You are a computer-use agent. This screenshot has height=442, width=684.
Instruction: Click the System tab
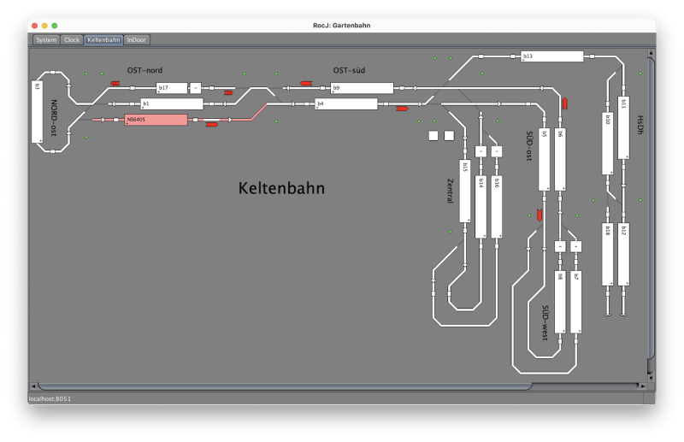click(x=46, y=39)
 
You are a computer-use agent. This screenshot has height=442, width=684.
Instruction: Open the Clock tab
click(x=72, y=39)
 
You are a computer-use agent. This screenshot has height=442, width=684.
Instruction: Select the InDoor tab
click(x=136, y=39)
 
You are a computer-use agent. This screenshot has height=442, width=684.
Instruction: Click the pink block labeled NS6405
click(x=156, y=120)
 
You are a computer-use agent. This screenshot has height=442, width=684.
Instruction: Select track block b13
click(x=551, y=56)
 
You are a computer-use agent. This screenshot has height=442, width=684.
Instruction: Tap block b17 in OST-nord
click(x=172, y=88)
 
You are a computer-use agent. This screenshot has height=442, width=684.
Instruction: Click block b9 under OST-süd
click(x=362, y=88)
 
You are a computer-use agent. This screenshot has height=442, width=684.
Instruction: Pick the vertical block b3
click(x=37, y=111)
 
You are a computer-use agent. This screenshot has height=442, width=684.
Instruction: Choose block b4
click(x=345, y=104)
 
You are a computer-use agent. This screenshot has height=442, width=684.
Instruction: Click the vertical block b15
click(x=465, y=191)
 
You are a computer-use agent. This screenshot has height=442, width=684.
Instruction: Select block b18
click(x=607, y=254)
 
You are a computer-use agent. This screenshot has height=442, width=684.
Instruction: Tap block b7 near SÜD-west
click(x=575, y=302)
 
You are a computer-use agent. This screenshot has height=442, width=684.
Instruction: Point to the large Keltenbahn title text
click(x=281, y=188)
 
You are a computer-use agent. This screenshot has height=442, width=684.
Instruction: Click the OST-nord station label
click(x=139, y=70)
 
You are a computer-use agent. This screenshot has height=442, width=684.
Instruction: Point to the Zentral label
click(x=450, y=190)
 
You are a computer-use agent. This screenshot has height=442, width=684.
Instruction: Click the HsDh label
click(x=639, y=125)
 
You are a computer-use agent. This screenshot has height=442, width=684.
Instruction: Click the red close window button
click(x=34, y=26)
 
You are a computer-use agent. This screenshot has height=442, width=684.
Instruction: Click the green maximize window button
click(x=55, y=26)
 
